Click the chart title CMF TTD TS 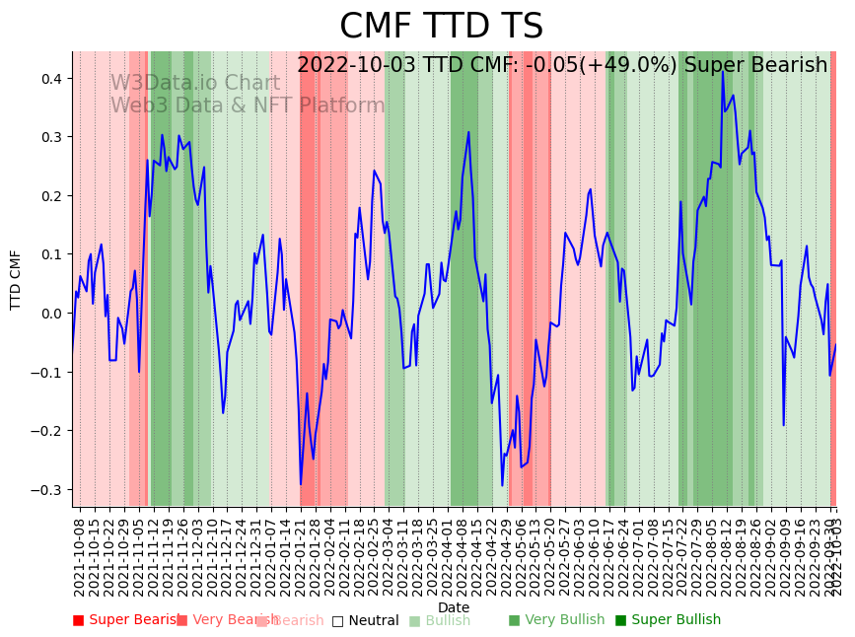click(441, 27)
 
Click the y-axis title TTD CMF click(16, 279)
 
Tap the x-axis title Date click(454, 607)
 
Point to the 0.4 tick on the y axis click(50, 78)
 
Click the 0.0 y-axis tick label click(50, 314)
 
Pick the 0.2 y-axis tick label click(50, 196)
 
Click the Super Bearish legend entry click(126, 620)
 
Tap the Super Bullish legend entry click(669, 620)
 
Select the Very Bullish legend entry click(557, 620)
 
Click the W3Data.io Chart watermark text click(194, 83)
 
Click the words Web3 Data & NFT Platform click(248, 106)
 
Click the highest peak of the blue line click(722, 71)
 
